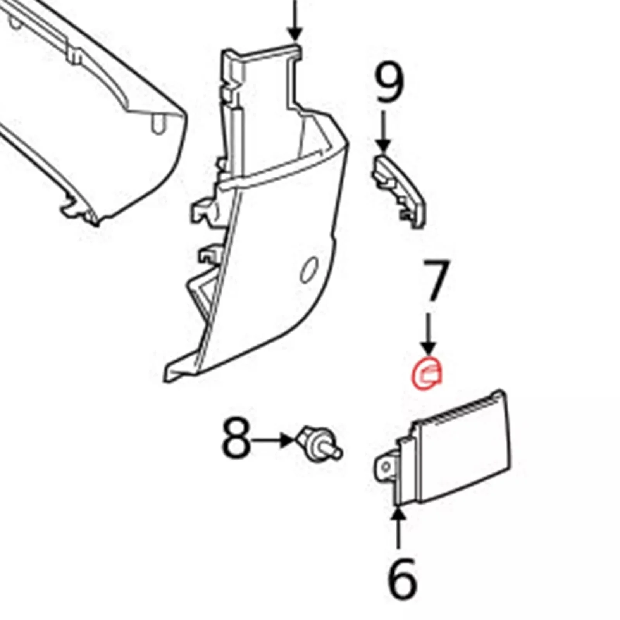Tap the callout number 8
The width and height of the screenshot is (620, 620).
tap(236, 440)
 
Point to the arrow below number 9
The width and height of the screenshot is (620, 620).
tap(384, 132)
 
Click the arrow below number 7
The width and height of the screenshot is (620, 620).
tap(429, 333)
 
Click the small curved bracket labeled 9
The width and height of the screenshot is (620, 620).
tap(399, 190)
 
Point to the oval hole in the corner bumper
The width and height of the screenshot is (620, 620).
tap(308, 270)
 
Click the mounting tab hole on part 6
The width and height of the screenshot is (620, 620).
tap(385, 467)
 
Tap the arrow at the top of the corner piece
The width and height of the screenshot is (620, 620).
tap(295, 19)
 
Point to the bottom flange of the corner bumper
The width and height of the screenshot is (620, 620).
tap(182, 370)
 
